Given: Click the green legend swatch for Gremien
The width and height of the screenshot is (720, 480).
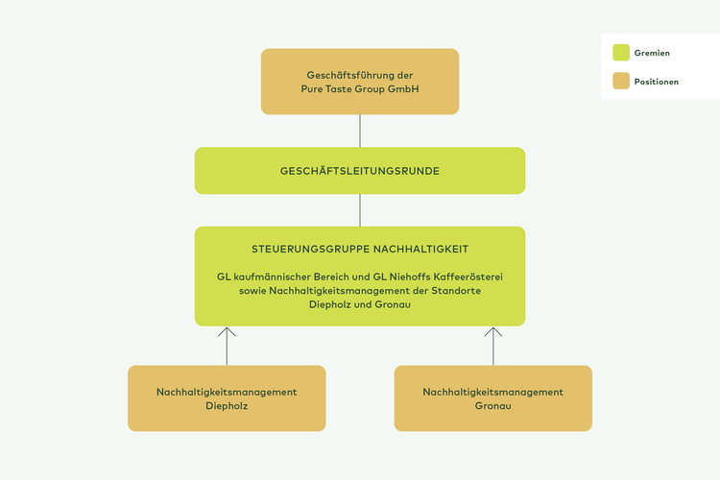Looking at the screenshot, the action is coord(621,53).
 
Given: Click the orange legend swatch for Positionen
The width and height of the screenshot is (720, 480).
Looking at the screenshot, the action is coord(621,81).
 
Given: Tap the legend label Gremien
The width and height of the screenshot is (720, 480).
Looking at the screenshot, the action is coord(652,53).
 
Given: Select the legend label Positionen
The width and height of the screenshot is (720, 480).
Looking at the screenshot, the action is coord(657,82).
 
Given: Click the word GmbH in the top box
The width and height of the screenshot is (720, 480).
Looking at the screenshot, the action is coord(403,89).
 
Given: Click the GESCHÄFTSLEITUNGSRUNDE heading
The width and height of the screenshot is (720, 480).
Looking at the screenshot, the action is coord(360,171).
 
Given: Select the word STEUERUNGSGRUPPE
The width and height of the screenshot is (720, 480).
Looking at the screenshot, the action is coord(310,249).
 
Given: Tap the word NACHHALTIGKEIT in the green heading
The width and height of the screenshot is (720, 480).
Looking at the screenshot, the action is coord(420,249).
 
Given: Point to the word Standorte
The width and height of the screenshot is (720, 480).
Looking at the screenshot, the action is coord(456,291).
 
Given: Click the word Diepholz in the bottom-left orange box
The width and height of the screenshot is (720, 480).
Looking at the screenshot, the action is coord(227,406).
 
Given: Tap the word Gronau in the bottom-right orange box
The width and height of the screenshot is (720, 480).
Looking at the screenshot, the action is coord(493,406).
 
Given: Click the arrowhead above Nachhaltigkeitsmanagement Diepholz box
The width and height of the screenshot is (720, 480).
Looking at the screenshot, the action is coord(227,331).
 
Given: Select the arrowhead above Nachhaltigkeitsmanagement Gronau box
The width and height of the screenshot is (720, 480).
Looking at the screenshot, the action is coord(493,331).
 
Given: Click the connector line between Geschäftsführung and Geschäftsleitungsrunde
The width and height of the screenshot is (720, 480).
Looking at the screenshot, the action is coord(360,131).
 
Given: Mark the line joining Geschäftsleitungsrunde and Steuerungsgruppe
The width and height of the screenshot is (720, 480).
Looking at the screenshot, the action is coord(360,210).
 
